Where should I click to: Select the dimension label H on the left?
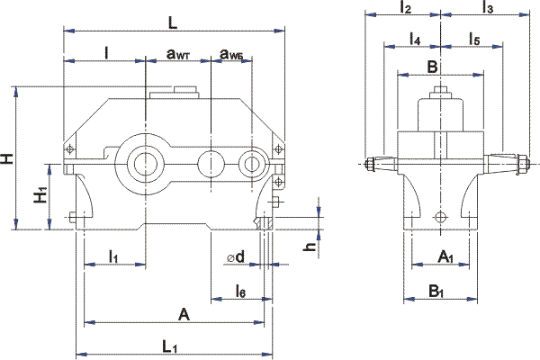point(7,158)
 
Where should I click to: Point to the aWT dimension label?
point(178,54)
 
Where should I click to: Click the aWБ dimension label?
point(232,54)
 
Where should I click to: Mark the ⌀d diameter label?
point(237,258)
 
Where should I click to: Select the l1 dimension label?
point(113,257)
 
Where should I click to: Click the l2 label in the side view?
point(404,8)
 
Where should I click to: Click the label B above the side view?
point(432,67)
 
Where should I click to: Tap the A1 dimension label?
point(445,258)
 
